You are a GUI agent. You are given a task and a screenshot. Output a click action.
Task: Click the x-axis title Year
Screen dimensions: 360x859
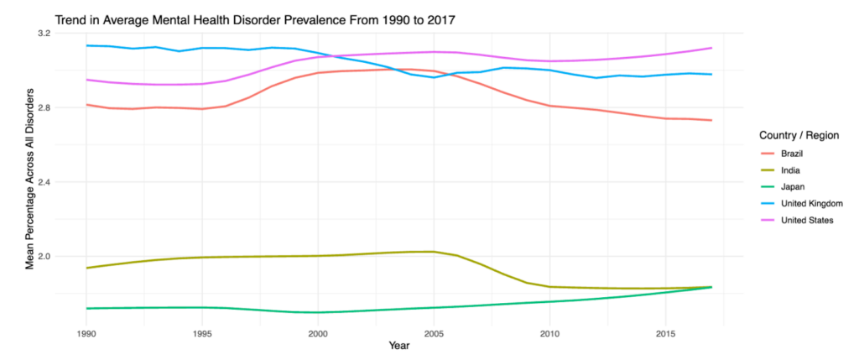(399, 345)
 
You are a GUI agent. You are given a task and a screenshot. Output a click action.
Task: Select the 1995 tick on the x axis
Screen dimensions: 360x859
(202, 333)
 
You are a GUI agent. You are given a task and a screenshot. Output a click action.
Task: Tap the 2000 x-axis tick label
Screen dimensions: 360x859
(318, 333)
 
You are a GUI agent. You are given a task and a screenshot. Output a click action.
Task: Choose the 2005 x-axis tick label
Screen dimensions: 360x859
(434, 333)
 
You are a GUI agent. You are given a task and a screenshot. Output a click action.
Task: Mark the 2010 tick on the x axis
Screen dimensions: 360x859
(549, 333)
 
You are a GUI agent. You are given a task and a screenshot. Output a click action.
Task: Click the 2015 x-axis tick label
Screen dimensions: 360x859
(665, 333)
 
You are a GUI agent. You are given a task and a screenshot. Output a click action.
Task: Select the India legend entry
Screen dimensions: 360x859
(791, 170)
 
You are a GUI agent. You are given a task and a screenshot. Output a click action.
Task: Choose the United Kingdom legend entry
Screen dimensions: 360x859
(810, 204)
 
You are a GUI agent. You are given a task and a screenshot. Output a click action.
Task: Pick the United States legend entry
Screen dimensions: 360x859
(807, 221)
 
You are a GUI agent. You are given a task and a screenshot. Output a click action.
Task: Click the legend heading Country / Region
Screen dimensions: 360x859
(799, 135)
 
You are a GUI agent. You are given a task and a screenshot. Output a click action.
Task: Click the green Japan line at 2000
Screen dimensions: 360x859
(318, 312)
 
